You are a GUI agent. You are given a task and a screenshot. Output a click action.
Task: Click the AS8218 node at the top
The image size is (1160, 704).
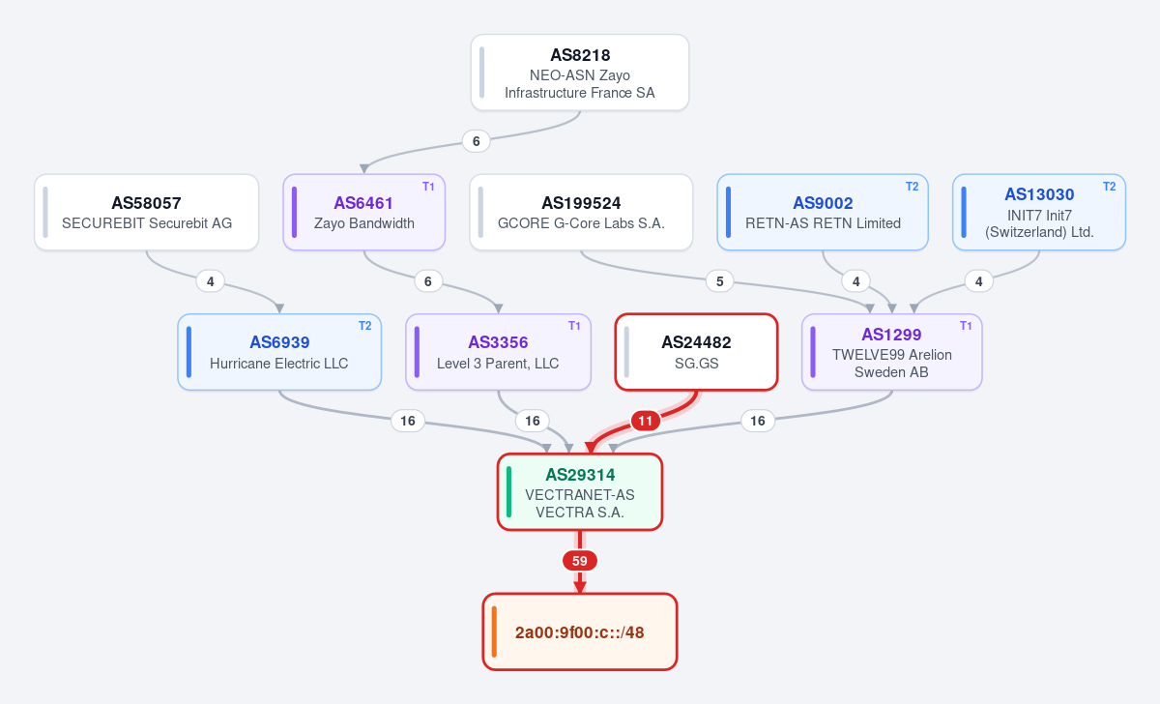pos(579,73)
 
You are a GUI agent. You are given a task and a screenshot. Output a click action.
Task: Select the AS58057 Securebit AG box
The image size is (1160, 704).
pos(147,213)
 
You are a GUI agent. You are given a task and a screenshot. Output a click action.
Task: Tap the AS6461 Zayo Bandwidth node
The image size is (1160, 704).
pos(364,213)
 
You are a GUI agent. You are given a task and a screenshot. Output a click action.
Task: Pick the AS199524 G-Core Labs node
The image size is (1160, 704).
pos(581,213)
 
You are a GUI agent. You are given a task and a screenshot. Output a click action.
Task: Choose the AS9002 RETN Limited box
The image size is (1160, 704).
pos(823,213)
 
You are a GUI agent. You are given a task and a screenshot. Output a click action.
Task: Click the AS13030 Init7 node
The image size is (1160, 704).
pos(1039,213)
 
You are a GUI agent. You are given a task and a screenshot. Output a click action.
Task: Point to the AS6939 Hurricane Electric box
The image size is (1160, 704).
pos(279,352)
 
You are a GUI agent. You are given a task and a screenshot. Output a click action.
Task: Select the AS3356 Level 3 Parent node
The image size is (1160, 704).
pos(498,352)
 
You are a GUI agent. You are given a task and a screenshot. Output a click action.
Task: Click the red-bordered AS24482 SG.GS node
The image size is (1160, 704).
pos(697,352)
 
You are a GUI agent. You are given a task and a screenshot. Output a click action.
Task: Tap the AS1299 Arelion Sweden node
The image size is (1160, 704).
pos(891,352)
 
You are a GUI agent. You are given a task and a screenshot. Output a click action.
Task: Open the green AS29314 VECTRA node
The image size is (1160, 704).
pos(580,492)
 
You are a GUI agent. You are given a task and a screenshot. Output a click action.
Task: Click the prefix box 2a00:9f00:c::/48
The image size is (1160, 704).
pos(580,632)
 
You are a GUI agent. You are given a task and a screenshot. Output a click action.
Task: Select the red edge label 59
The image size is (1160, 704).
pos(580,561)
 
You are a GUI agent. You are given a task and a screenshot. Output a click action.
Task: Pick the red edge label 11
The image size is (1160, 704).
pos(646,421)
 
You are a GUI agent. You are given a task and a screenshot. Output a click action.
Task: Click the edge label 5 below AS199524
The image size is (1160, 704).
pos(720,281)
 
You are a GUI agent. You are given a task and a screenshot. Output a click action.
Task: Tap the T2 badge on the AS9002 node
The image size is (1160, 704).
pos(912,187)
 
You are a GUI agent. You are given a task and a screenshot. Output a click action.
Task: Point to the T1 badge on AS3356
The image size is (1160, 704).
pos(574,326)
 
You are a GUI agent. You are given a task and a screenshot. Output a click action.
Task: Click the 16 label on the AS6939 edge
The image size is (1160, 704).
pos(408,421)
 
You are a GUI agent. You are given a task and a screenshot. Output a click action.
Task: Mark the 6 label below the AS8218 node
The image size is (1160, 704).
pos(477,141)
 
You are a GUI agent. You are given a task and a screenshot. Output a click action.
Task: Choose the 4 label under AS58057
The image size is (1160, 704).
pos(211,281)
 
